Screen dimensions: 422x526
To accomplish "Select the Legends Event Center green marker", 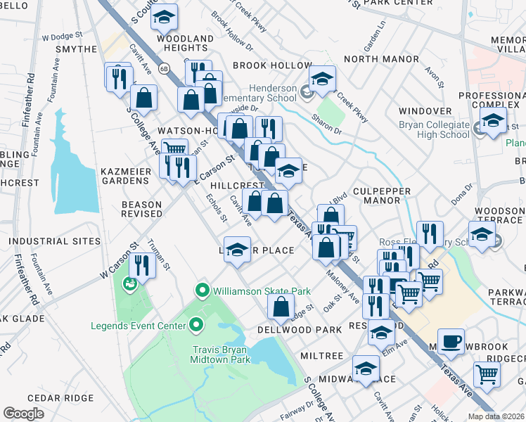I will click(x=196, y=326).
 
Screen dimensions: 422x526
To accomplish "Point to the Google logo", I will click(x=23, y=414).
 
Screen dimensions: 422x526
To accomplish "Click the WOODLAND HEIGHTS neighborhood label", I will click(x=185, y=43).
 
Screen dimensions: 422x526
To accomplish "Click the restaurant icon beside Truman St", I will click(x=143, y=265).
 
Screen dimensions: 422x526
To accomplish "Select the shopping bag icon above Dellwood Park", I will click(x=281, y=307).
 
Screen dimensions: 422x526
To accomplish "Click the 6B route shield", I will click(x=164, y=69).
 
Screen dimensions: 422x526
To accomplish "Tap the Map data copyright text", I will click(x=496, y=416).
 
